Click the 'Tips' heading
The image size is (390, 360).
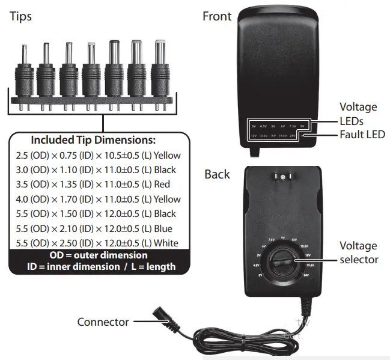pos(22,16)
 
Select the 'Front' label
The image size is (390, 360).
pos(217,16)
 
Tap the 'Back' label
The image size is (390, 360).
pos(217,174)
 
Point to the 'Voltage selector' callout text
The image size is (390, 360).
pos(359,252)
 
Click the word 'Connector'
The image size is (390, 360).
pos(103,322)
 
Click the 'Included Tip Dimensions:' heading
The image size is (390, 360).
pos(93,140)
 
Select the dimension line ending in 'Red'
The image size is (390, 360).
pos(93,185)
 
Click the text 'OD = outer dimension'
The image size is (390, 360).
pos(94,255)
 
